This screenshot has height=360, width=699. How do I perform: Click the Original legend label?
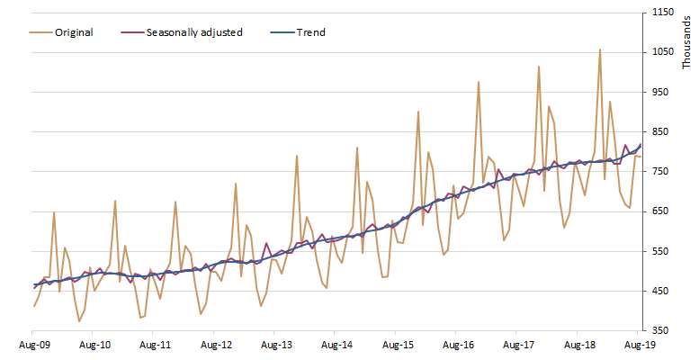[74, 32]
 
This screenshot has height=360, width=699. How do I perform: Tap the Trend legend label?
[310, 32]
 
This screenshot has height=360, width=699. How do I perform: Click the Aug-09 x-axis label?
[34, 344]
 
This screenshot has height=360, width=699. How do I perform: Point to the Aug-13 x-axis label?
[276, 344]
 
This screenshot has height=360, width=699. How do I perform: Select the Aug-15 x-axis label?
[398, 344]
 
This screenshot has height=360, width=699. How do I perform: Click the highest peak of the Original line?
[600, 49]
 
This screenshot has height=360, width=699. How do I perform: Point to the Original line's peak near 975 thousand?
[479, 82]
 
